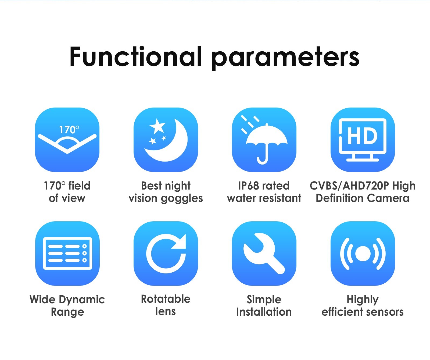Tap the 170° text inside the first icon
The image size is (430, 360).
tap(69, 130)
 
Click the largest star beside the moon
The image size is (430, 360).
tap(157, 126)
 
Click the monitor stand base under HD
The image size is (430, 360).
tap(363, 160)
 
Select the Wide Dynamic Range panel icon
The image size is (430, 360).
tap(67, 253)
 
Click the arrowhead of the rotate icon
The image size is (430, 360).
tap(180, 241)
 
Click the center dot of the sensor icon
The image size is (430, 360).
tap(363, 254)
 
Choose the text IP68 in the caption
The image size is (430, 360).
tap(248, 186)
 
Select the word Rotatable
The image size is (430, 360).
tap(166, 299)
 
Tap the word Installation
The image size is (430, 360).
tap(264, 312)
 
